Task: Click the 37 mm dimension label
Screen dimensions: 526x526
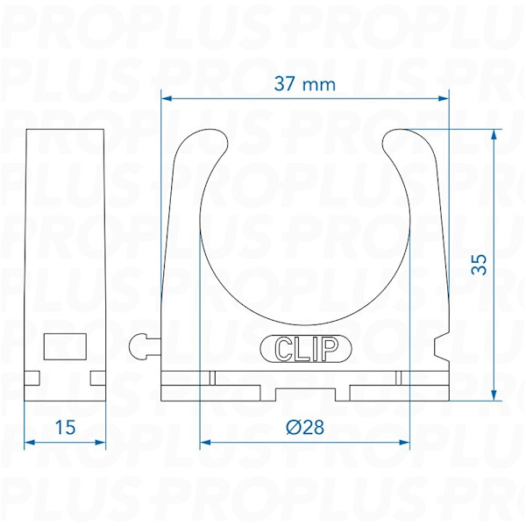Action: pos(304,84)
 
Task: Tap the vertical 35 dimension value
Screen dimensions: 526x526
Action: pos(479,265)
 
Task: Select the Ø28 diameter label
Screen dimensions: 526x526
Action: pos(305,427)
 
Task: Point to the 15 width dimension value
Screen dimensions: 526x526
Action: pos(65,428)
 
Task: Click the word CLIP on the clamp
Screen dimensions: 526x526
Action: pos(306,349)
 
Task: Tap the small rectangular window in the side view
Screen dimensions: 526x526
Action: pos(65,346)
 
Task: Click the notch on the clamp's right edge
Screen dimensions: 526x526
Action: pos(442,348)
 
